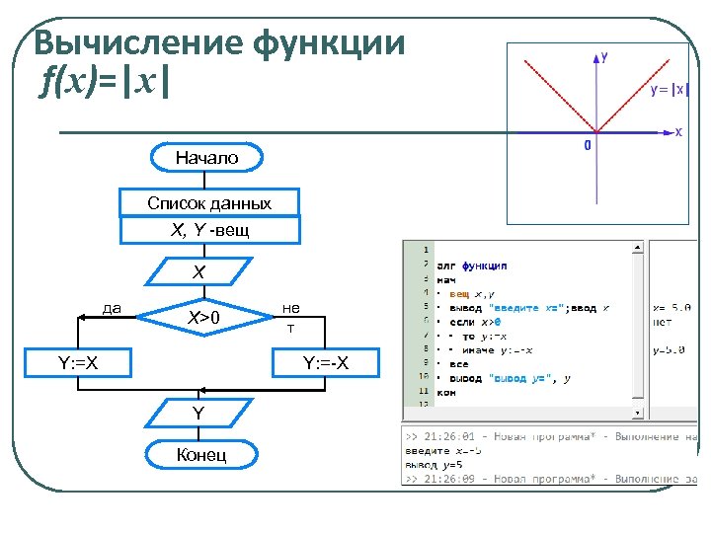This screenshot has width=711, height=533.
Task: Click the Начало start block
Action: [x=206, y=157]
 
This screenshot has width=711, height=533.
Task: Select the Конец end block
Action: [x=200, y=454]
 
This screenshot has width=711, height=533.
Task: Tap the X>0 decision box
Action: [x=204, y=317]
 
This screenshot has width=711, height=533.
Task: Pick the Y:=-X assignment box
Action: [x=325, y=363]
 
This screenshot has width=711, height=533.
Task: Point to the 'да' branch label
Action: [x=112, y=308]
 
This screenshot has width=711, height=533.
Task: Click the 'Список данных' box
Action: [x=208, y=203]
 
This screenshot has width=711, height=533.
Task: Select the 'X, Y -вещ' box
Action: [x=208, y=230]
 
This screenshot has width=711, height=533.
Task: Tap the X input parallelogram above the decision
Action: [x=199, y=271]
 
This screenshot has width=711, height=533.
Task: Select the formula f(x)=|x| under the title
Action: [x=105, y=83]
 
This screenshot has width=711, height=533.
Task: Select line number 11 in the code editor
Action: [x=425, y=391]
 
